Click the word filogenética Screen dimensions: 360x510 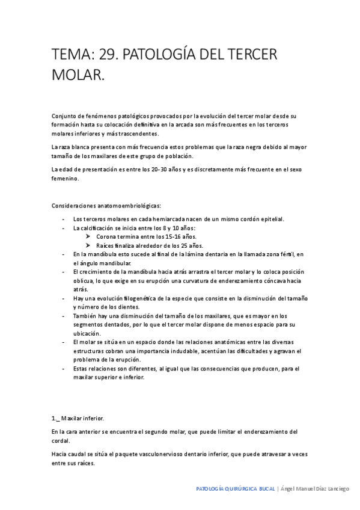[135, 298]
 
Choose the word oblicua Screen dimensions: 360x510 [85, 281]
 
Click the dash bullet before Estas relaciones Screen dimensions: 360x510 [64, 368]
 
